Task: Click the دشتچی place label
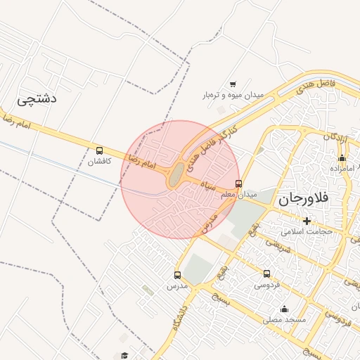tap(35, 99)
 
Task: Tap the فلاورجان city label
tap(304, 199)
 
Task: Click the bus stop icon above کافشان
tap(99, 150)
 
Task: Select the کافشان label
tap(99, 161)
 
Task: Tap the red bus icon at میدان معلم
tap(238, 184)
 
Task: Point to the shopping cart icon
tap(233, 84)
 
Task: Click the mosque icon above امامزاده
tap(342, 158)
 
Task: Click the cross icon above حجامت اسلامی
tap(307, 221)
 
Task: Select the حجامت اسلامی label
tap(306, 231)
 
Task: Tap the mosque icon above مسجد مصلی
tap(284, 309)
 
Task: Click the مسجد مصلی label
tap(285, 319)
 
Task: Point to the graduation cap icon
tap(124, 356)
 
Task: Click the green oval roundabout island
tap(175, 175)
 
